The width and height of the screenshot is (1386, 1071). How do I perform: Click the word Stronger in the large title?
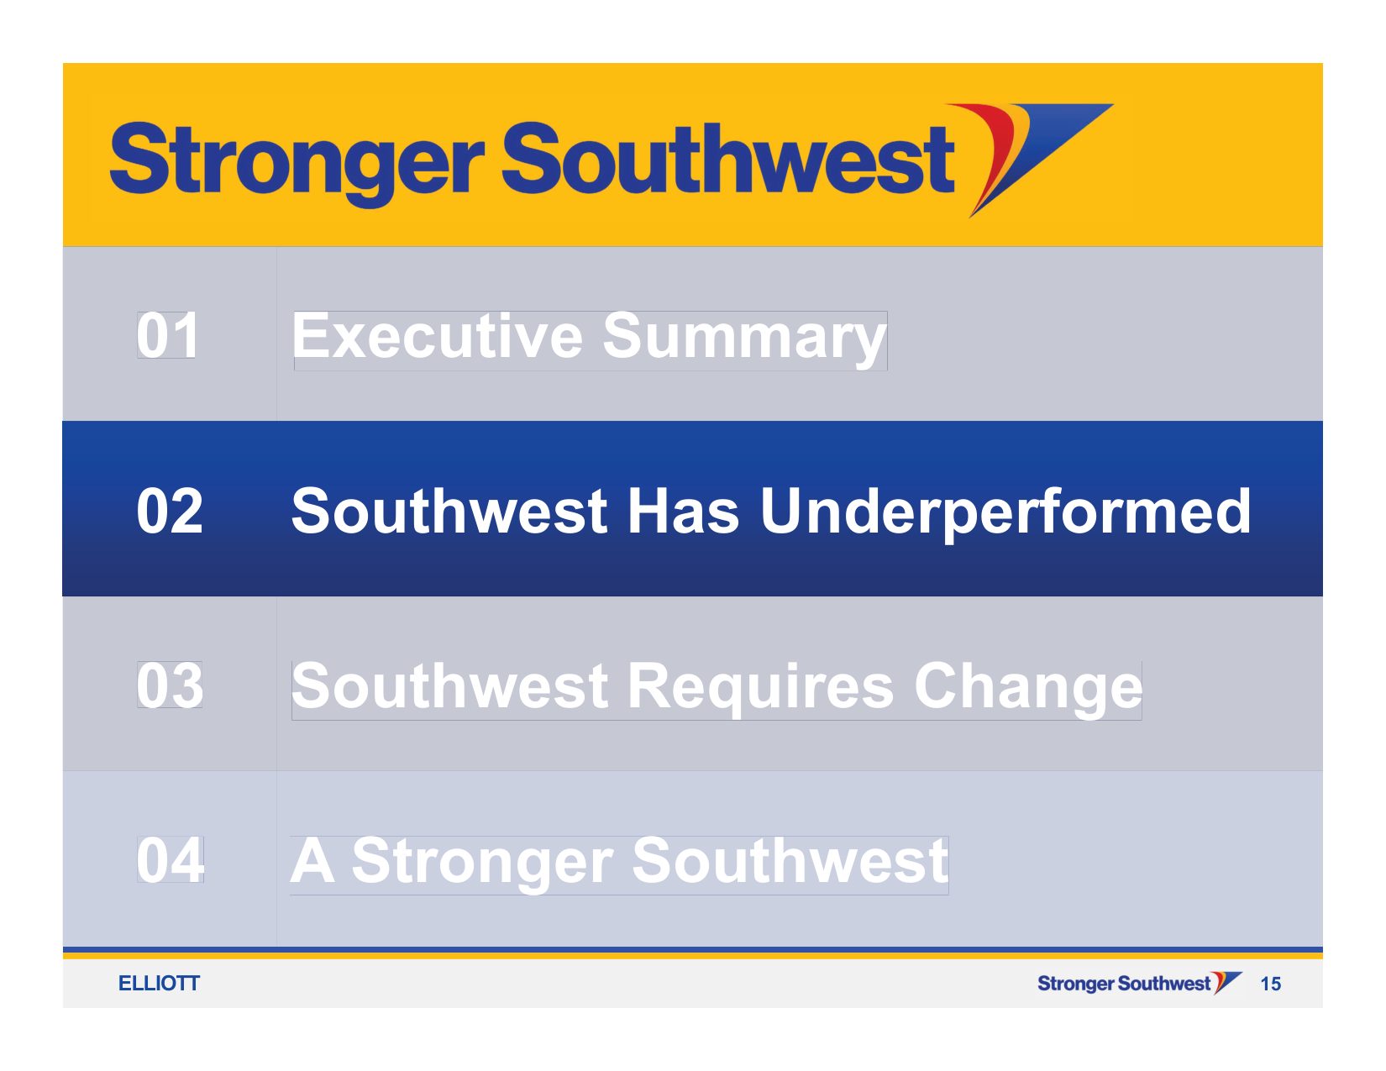(x=297, y=163)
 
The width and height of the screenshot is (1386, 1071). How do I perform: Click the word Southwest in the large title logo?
(x=728, y=158)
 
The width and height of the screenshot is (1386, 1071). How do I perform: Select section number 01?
(x=166, y=335)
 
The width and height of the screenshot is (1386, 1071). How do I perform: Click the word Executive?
(x=437, y=335)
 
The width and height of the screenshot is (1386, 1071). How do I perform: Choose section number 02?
(x=170, y=511)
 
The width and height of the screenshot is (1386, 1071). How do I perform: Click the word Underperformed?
(x=1005, y=513)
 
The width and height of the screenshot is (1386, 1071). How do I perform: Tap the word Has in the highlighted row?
(x=683, y=511)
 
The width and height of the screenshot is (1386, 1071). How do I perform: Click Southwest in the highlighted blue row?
(x=449, y=511)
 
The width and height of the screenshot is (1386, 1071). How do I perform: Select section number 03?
(x=170, y=685)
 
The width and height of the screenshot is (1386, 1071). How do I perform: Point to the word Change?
(x=1028, y=689)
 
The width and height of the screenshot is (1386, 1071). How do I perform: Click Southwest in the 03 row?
(x=449, y=685)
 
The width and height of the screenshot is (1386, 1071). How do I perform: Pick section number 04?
(x=171, y=860)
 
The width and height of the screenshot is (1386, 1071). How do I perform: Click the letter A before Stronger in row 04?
(x=312, y=860)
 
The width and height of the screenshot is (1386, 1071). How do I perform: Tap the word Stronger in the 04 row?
(x=482, y=864)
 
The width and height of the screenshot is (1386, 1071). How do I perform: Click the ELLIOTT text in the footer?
(x=159, y=983)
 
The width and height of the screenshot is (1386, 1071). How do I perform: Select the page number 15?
(x=1271, y=984)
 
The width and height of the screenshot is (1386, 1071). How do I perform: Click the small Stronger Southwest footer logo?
(x=1139, y=983)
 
